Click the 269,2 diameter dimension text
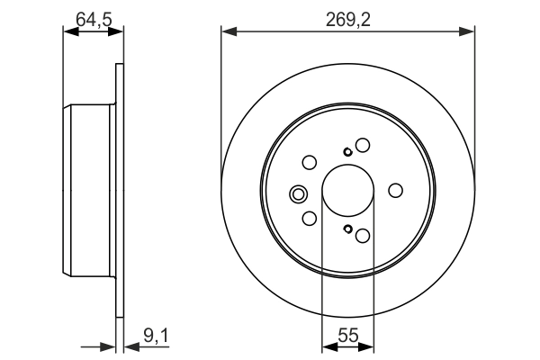[347, 15]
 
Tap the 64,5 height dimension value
[93, 15]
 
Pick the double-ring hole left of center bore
[298, 193]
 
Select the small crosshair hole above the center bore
[347, 151]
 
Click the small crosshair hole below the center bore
[347, 229]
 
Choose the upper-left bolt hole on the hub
[309, 163]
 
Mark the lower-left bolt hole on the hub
[309, 219]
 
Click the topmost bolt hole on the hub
[363, 145]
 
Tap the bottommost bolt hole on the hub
[363, 236]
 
